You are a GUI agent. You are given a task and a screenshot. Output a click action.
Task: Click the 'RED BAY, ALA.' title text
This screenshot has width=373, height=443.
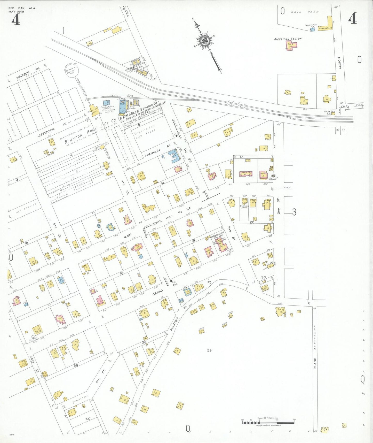[x=22, y=8]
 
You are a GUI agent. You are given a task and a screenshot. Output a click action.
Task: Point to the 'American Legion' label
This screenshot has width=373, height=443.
[x=288, y=39]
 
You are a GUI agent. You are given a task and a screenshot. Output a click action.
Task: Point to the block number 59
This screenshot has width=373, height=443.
[x=209, y=350]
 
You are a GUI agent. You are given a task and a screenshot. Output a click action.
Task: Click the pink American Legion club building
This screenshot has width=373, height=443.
[x=291, y=45]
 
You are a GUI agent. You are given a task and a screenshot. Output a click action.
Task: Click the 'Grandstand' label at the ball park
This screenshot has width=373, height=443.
[x=325, y=28]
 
